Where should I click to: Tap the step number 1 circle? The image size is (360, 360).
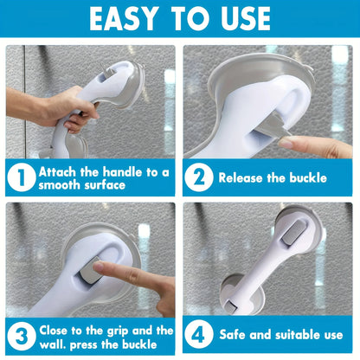tap(21, 178)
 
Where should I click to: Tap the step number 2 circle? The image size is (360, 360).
tap(200, 177)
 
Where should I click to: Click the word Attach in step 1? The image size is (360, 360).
tap(61, 171)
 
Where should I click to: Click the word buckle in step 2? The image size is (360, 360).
tap(305, 178)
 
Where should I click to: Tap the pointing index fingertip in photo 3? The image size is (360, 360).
tap(97, 270)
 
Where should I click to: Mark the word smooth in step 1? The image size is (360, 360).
tap(63, 185)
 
